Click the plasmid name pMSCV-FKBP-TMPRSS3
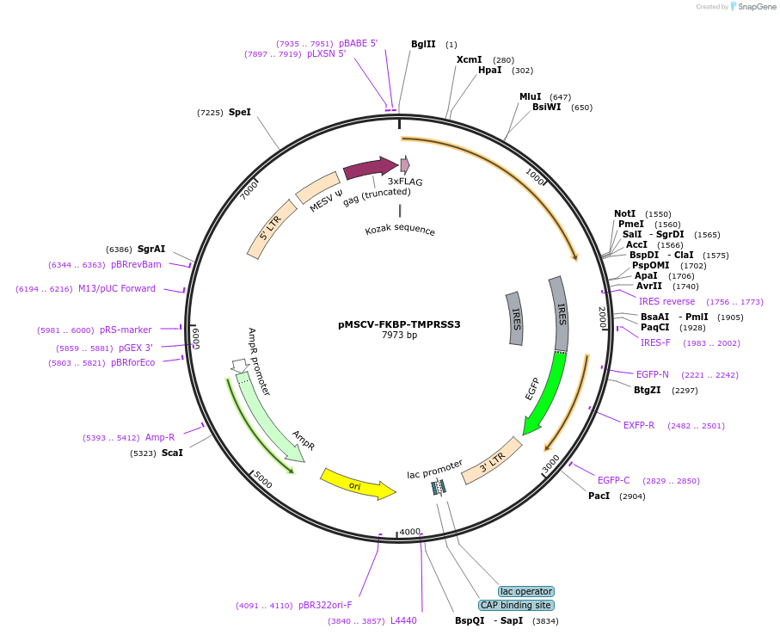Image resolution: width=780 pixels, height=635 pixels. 399,324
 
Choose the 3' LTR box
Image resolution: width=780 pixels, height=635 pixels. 492,460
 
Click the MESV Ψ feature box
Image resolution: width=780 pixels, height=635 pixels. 318,188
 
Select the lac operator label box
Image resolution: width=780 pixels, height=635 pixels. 526,591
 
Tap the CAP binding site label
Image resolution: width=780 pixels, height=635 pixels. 515,605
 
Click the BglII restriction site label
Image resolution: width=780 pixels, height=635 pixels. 423,44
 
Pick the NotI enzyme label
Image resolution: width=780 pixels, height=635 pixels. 625,213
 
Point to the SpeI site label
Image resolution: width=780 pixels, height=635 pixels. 240,112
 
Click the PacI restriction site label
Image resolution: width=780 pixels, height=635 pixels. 599,496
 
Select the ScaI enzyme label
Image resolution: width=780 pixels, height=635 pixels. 172,453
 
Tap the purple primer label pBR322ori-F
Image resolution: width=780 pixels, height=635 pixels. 325,605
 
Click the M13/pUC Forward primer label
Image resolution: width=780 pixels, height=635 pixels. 117,288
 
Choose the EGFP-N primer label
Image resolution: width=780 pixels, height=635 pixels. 653,374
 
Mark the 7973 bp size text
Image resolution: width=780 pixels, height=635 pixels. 399,336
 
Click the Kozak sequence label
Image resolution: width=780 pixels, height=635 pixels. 400,231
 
